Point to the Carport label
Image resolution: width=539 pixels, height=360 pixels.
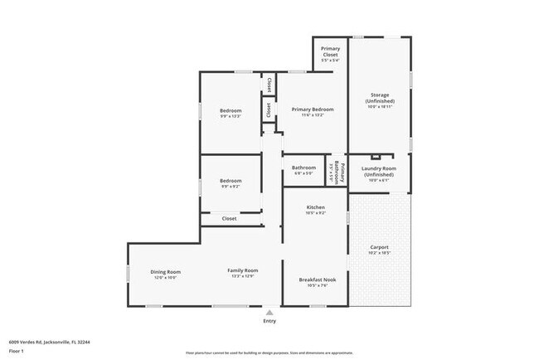tap(379, 249)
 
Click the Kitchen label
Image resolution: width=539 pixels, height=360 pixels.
tap(316, 210)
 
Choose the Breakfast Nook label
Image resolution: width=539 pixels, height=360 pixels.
tap(316, 282)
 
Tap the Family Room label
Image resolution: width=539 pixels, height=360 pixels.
tap(244, 273)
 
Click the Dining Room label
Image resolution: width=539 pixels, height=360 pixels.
tap(165, 275)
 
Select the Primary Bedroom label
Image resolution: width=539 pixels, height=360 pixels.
tap(313, 112)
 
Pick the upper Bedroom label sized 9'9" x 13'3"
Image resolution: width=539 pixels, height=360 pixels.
tap(231, 114)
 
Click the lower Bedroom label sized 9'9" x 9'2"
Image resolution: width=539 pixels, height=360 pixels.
tap(231, 183)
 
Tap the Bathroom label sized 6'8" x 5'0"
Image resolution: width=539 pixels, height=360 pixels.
tap(303, 170)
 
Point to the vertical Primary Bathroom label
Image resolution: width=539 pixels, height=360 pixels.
tap(336, 172)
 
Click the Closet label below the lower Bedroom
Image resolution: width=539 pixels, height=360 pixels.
tap(230, 218)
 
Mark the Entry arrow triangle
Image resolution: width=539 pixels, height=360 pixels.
tap(269, 313)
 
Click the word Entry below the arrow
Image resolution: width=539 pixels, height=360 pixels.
tap(269, 321)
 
